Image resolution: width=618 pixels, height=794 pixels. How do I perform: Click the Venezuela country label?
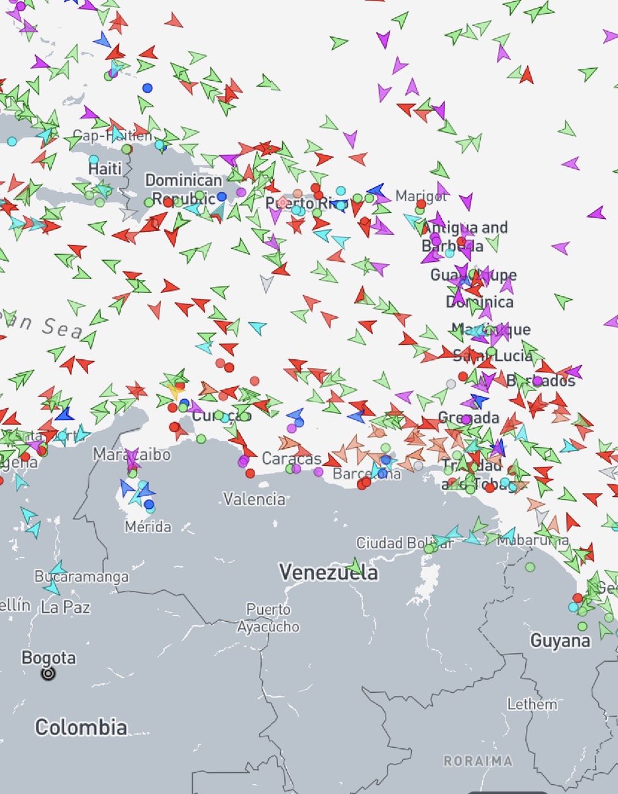coord(329,572)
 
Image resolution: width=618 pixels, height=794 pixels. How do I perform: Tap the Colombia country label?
coord(81,727)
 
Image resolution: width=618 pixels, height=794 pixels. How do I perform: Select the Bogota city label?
coord(48,658)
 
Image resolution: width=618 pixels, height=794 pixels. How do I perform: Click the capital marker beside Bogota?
coord(48,674)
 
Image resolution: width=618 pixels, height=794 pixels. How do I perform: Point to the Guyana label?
coord(560,640)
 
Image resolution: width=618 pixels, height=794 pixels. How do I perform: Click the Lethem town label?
coord(532,704)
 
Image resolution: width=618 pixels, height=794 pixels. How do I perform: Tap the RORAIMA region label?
coord(478,761)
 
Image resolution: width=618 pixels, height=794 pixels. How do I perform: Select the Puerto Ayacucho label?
coord(268,617)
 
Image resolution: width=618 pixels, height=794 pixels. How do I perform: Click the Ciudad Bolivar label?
coord(404,543)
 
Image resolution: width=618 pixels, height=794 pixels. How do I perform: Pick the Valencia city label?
coord(254,499)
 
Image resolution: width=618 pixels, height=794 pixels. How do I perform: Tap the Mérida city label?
coord(148,527)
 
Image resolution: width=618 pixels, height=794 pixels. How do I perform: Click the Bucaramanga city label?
coord(81,576)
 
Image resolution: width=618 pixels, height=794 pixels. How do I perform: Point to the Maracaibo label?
coord(131,455)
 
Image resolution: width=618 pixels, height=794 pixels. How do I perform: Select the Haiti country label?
coord(105,169)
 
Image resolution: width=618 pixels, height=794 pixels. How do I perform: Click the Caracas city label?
coord(291,459)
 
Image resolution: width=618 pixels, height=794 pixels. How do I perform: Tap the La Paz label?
coord(66,606)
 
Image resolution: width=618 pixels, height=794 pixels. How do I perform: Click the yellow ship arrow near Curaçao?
coord(175,390)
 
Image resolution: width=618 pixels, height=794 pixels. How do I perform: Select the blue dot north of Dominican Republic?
coord(147,88)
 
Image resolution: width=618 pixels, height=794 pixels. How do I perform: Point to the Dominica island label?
coord(479,302)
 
